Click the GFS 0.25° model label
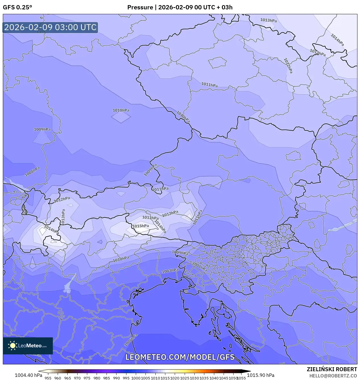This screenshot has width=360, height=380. pyautogui.click(x=17, y=7)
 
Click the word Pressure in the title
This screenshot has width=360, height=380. pyautogui.click(x=140, y=7)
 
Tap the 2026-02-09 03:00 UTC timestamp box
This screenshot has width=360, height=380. pyautogui.click(x=50, y=27)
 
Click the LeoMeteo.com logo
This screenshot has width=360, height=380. pyautogui.click(x=28, y=346)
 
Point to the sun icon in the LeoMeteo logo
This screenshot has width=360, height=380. pyautogui.click(x=13, y=346)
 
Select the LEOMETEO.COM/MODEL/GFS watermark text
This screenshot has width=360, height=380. pyautogui.click(x=180, y=357)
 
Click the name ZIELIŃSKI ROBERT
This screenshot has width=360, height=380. pyautogui.click(x=332, y=369)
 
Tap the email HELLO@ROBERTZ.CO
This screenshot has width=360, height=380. pyautogui.click(x=333, y=376)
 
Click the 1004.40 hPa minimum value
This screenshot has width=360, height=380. pyautogui.click(x=28, y=375)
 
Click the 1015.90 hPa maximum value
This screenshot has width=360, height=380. pyautogui.click(x=261, y=375)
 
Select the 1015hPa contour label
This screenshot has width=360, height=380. pyautogui.click(x=141, y=226)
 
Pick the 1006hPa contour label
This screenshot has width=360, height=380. pyautogui.click(x=131, y=340)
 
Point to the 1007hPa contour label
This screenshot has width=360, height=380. pyautogui.click(x=170, y=271)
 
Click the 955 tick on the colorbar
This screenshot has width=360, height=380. pyautogui.click(x=48, y=378)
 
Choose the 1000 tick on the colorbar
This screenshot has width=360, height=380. pyautogui.click(x=136, y=378)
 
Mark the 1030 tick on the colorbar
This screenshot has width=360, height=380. pyautogui.click(x=194, y=378)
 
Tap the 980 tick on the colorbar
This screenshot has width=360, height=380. pyautogui.click(x=97, y=378)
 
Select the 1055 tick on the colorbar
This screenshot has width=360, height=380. pyautogui.click(x=241, y=378)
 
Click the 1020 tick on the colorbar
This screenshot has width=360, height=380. pyautogui.click(x=175, y=378)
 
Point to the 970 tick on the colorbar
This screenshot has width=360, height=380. pyautogui.click(x=77, y=378)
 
